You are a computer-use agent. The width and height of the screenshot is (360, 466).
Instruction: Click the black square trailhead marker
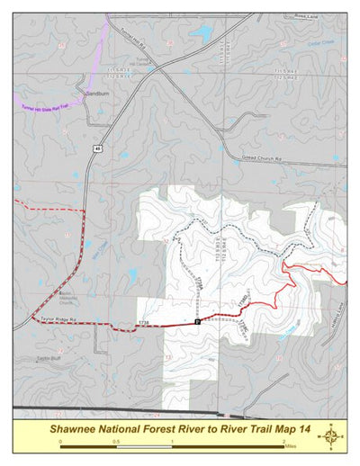[197, 321]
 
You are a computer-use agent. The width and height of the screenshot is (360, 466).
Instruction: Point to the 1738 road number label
[142, 322]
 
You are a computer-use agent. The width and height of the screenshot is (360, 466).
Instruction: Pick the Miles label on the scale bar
[288, 444]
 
